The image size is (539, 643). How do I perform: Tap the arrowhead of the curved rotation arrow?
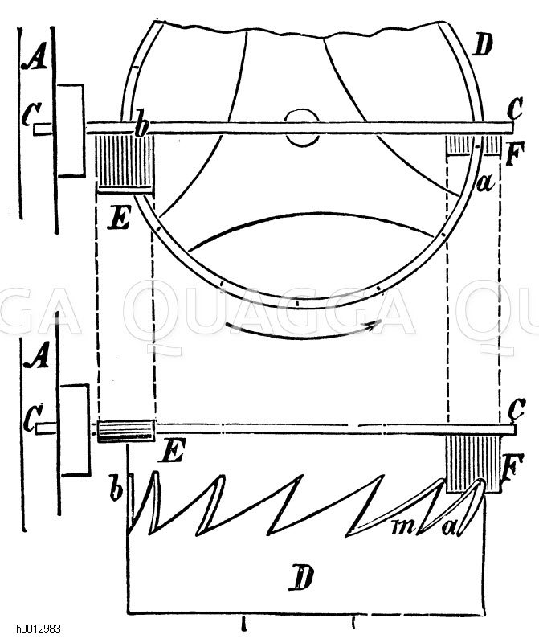point(376,325)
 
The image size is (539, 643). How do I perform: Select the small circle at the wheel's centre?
point(303,128)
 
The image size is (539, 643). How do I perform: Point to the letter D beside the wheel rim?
point(482,44)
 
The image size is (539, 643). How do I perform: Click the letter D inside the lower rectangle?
point(301,577)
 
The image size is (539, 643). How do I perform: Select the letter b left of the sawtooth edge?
point(116,487)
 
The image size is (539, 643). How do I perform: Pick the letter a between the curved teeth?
point(450,526)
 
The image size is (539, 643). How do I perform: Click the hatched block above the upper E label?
point(125,165)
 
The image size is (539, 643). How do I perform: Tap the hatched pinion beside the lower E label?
point(126,431)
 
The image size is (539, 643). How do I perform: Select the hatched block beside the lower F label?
point(473,465)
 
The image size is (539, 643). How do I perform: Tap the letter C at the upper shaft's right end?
point(514,109)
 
